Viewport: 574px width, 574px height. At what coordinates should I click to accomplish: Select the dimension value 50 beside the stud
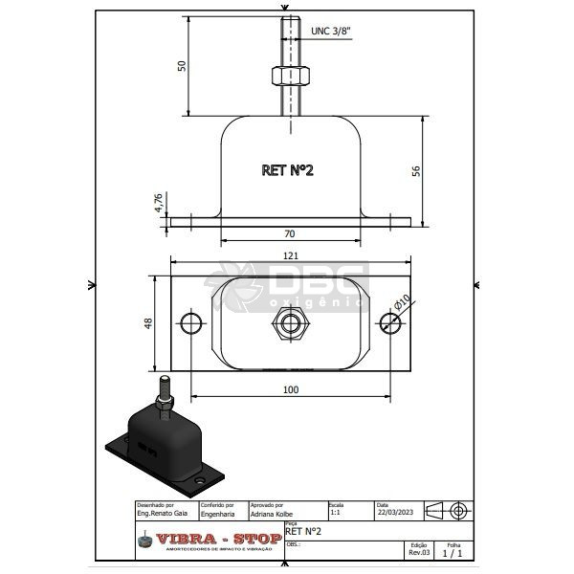pyautogui.click(x=182, y=65)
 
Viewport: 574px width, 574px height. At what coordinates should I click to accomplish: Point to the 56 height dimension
pyautogui.click(x=416, y=169)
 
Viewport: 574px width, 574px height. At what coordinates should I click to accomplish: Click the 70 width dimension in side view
pyautogui.click(x=288, y=232)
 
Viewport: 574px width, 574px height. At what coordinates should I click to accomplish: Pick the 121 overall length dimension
pyautogui.click(x=291, y=256)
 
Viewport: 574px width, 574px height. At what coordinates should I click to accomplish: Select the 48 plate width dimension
pyautogui.click(x=148, y=322)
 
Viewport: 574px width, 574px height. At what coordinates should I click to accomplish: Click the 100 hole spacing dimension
pyautogui.click(x=291, y=389)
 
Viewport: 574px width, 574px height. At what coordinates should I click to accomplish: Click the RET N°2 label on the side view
pyautogui.click(x=288, y=170)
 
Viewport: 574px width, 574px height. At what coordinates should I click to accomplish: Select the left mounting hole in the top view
pyautogui.click(x=191, y=321)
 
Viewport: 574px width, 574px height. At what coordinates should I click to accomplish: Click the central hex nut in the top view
pyautogui.click(x=289, y=322)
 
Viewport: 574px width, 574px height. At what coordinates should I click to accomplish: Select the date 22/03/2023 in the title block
pyautogui.click(x=396, y=514)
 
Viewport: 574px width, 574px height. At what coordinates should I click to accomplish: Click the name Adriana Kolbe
pyautogui.click(x=272, y=514)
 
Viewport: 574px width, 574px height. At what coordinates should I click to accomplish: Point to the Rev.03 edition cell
pyautogui.click(x=420, y=552)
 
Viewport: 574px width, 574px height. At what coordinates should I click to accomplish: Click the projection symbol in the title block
pyautogui.click(x=448, y=511)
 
